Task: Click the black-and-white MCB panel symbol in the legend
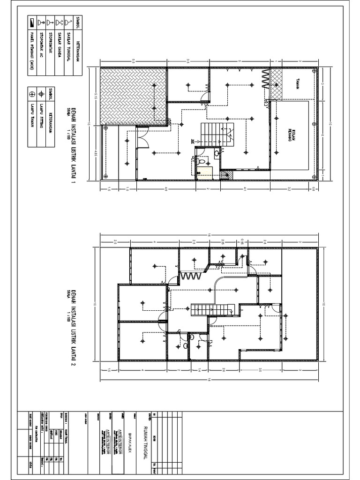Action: click(x=31, y=22)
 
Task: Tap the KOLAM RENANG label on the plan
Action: click(x=290, y=135)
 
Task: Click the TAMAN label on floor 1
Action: click(x=297, y=83)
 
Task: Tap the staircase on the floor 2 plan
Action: click(x=211, y=310)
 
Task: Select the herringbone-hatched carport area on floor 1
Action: click(x=134, y=96)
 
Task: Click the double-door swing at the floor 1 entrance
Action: click(x=143, y=133)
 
